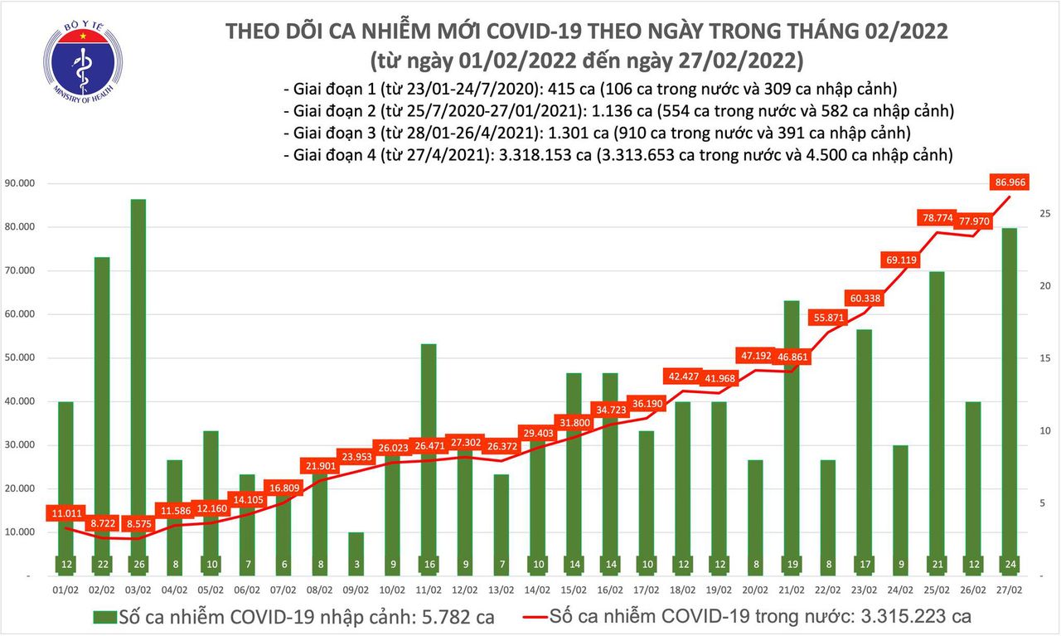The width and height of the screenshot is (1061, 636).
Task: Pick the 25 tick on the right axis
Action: click(x=1045, y=214)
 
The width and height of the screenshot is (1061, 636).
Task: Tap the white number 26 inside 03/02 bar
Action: click(x=138, y=564)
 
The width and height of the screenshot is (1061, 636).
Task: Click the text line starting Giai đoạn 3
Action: click(x=597, y=132)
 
